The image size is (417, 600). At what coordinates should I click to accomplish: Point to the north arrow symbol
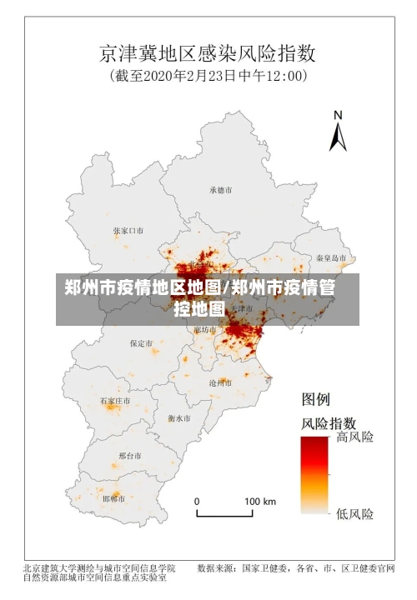point(338,131)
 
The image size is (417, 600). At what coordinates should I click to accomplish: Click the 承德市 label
point(221,190)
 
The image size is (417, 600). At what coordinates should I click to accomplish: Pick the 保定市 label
point(141,342)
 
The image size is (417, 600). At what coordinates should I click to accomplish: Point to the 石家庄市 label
point(115,401)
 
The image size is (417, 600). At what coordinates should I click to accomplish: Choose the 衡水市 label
point(178,417)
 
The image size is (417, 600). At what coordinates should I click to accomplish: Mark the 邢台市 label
point(130,456)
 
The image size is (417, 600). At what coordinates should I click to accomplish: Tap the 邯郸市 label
point(113,498)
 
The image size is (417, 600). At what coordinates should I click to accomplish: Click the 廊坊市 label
point(204,329)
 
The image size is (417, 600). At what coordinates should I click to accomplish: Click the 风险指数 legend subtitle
point(328,422)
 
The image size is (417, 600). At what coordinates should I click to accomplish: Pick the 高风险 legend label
point(354,437)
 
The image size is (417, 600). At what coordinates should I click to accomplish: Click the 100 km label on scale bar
point(259,502)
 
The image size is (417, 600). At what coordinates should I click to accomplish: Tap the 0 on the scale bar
point(197,502)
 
